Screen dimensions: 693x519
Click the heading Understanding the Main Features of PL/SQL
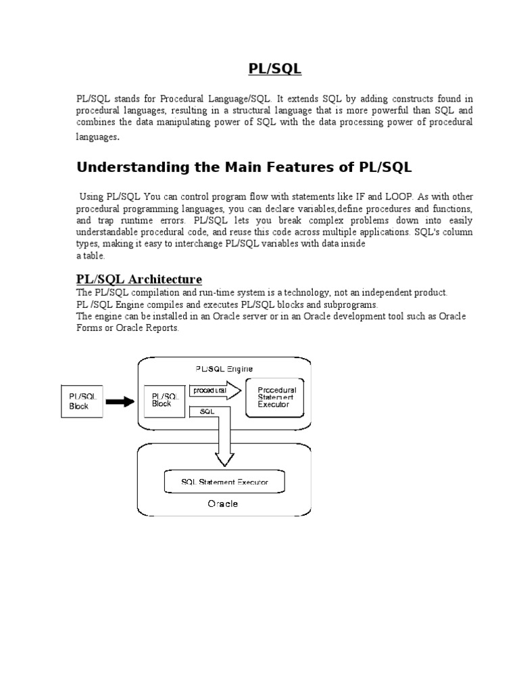coord(243,166)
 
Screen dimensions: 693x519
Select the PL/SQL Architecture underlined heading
coord(138,280)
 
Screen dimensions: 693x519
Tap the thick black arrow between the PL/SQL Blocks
coord(121,401)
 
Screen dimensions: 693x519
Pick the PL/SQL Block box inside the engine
coord(165,400)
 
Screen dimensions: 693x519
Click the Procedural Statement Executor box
coord(276,397)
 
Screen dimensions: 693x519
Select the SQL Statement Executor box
coord(224,482)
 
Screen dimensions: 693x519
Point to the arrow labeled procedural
coord(215,391)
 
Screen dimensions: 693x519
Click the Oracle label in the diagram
coord(222,504)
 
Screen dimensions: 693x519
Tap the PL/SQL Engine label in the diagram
coord(222,368)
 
